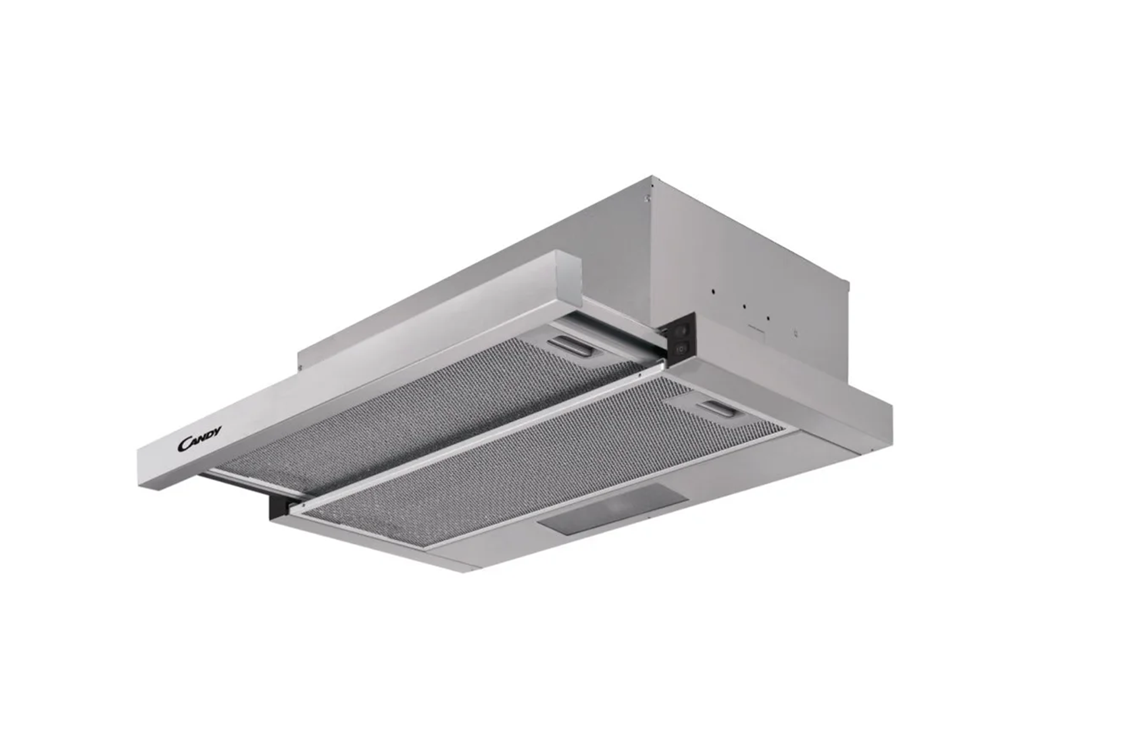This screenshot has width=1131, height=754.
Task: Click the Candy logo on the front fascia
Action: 200,438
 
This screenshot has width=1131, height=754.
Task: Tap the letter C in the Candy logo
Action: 183,445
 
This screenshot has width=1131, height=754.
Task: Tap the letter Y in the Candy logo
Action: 217,431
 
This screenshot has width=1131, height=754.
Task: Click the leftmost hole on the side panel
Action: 713,291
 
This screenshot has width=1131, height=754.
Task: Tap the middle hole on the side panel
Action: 745,307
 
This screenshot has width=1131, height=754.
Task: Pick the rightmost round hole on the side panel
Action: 768,318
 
